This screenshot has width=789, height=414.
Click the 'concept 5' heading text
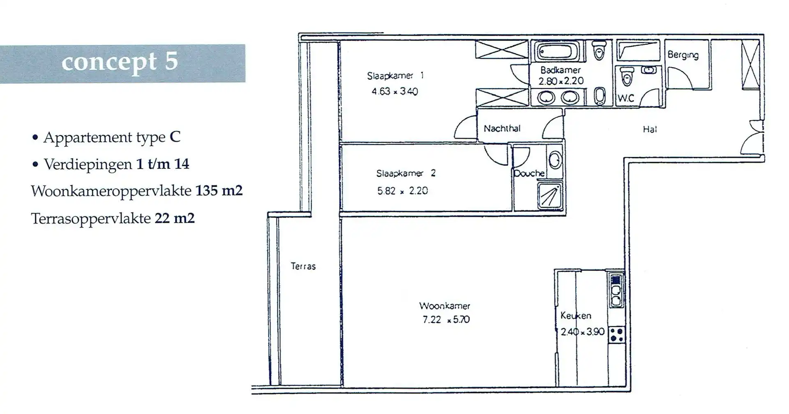(120, 62)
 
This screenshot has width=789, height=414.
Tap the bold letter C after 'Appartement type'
(175, 137)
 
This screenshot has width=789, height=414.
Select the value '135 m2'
(219, 191)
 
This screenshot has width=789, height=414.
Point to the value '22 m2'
(175, 218)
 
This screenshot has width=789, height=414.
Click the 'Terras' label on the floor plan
(303, 266)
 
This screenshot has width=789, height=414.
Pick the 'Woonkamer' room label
(445, 306)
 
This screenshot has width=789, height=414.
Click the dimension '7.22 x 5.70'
(446, 320)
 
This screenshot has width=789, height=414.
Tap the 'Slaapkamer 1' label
(395, 76)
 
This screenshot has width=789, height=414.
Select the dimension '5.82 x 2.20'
(402, 191)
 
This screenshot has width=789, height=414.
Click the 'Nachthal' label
(502, 129)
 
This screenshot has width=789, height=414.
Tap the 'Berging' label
(683, 55)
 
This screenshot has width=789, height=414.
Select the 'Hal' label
(650, 129)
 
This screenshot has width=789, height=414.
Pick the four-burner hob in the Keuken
(616, 334)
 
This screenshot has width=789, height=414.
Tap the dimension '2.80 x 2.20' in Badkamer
(561, 81)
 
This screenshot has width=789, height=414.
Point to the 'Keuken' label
(576, 316)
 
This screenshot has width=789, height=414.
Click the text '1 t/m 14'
(163, 164)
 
